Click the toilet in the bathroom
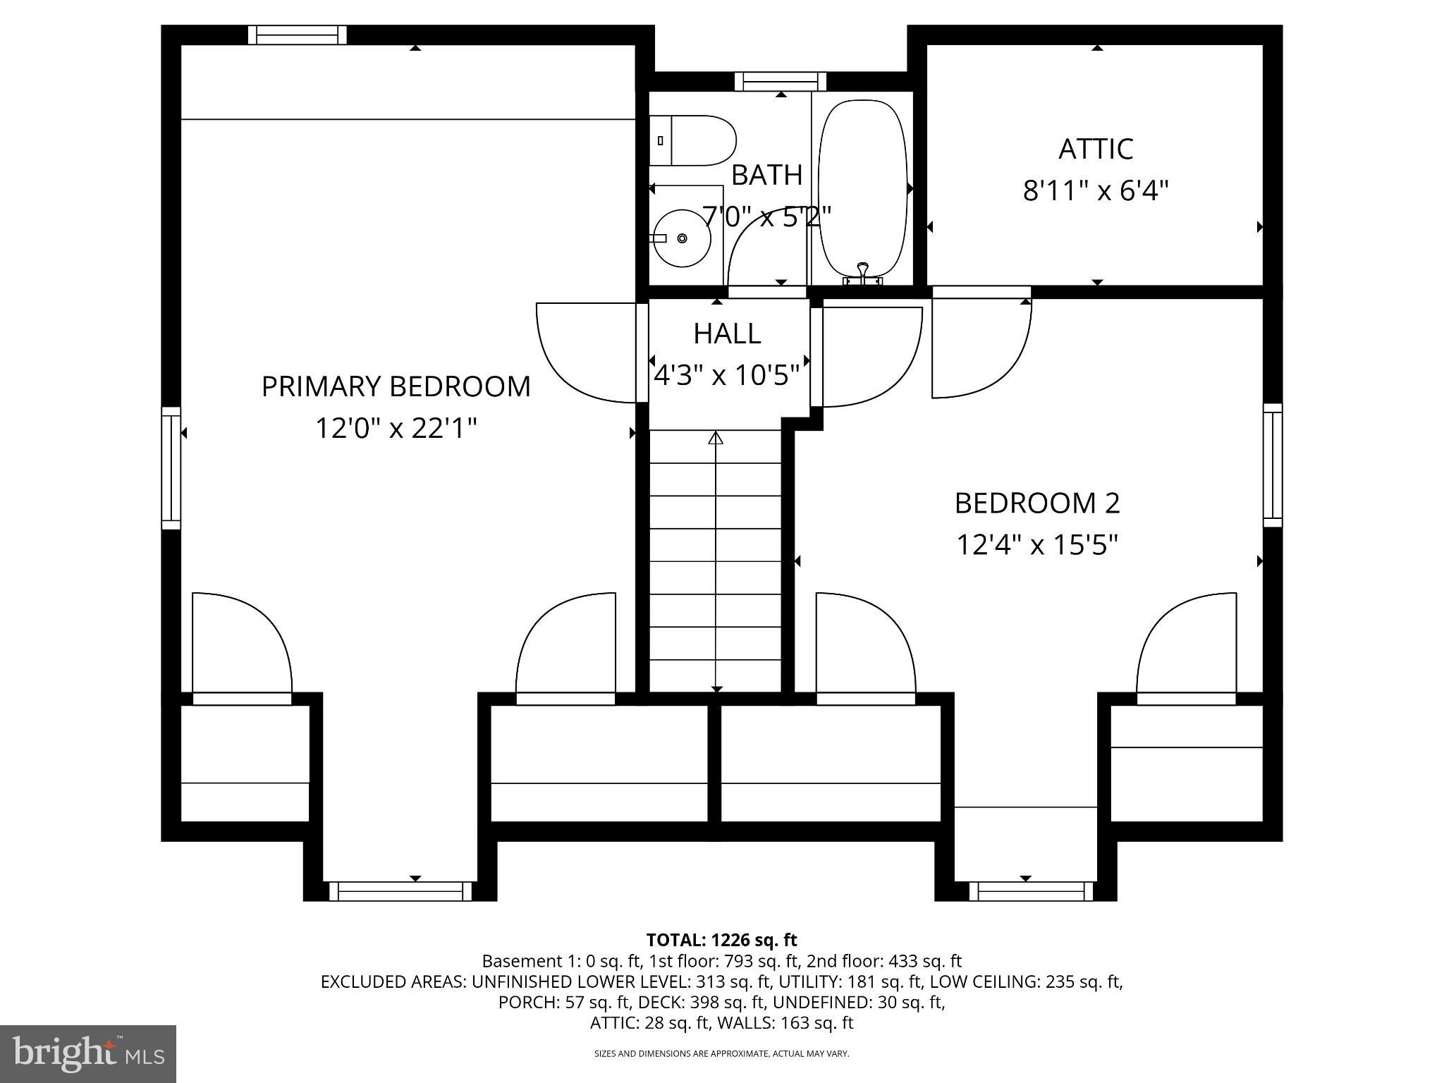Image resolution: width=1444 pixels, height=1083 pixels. (x=695, y=141)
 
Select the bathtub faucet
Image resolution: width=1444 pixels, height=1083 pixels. (x=862, y=274)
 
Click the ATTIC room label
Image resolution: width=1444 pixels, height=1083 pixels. (x=1096, y=149)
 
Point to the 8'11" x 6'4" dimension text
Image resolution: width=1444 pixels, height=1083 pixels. (x=1096, y=190)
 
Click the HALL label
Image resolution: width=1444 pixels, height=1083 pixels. (x=727, y=334)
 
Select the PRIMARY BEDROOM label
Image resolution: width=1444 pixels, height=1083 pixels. (x=396, y=386)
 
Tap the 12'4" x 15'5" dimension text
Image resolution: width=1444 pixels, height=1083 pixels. (x=1036, y=544)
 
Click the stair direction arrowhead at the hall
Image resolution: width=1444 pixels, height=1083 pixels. (x=716, y=439)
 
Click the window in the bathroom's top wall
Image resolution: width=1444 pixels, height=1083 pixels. (x=780, y=82)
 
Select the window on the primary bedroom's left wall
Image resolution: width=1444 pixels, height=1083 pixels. (x=171, y=467)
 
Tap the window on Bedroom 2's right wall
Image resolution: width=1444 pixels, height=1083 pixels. (x=1272, y=465)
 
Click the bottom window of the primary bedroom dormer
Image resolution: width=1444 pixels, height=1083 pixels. (x=400, y=891)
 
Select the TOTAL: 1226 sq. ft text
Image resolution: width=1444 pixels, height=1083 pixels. (x=721, y=940)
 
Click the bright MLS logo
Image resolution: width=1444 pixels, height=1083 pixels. (x=87, y=1053)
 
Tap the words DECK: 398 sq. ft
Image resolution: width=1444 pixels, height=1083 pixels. (x=704, y=1002)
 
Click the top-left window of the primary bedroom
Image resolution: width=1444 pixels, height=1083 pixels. (x=297, y=35)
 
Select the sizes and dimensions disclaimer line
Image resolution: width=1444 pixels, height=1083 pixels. (x=721, y=1053)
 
